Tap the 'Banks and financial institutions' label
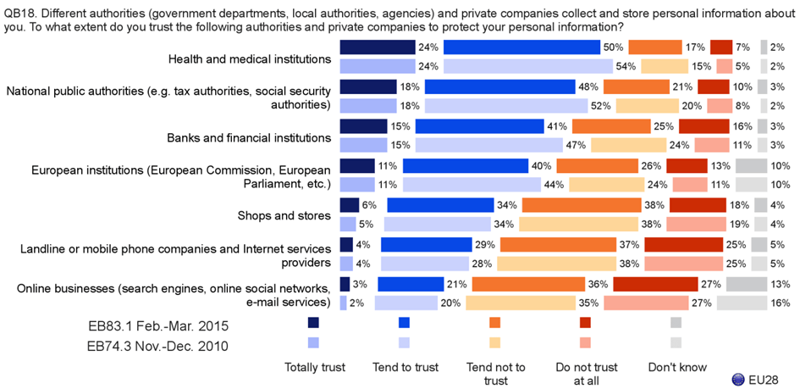[x=251, y=137]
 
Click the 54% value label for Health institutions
[x=626, y=66]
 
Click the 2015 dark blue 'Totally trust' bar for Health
[x=377, y=48]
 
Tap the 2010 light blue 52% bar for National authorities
[x=506, y=105]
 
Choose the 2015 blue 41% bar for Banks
[x=478, y=126]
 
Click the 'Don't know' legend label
[x=676, y=368]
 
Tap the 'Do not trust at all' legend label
[x=585, y=374]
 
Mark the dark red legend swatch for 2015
[x=585, y=323]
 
